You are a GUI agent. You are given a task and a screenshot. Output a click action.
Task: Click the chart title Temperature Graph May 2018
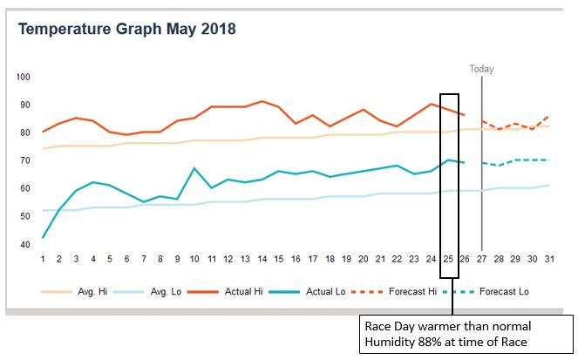pos(127,29)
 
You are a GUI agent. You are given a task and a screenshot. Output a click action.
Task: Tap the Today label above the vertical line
pos(482,68)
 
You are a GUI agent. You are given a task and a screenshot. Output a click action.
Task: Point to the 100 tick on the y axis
pos(23,78)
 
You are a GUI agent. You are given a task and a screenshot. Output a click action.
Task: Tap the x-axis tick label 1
pos(43,259)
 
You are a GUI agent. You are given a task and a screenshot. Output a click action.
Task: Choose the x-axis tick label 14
pos(262,259)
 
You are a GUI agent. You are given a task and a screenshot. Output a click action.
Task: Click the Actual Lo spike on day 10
pos(194,168)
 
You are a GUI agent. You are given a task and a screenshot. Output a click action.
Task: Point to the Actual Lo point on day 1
pos(43,238)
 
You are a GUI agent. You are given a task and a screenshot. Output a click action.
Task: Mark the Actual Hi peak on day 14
pos(262,101)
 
